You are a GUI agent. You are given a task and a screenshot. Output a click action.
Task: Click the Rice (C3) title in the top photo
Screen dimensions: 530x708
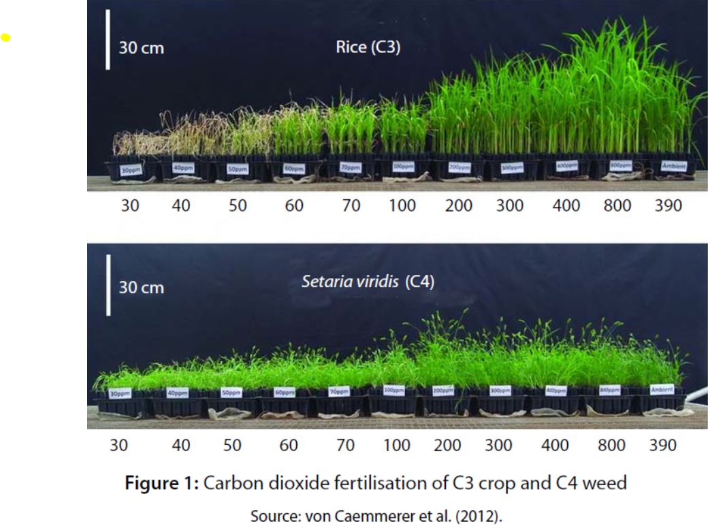point(368,48)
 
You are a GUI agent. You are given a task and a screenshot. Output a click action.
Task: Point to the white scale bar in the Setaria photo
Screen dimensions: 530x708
point(108,285)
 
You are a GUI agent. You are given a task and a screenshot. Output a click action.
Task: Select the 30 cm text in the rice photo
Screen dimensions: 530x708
point(142,49)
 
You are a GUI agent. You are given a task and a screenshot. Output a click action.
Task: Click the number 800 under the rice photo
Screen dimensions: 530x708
point(617,205)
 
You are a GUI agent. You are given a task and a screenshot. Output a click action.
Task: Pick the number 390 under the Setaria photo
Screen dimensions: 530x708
point(662,446)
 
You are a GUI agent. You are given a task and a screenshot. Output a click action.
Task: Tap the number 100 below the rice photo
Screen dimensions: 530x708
point(402,205)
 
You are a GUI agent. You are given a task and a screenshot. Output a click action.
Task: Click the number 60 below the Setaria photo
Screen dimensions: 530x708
point(288,446)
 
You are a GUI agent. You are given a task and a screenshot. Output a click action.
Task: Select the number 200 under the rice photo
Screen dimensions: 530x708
point(459,205)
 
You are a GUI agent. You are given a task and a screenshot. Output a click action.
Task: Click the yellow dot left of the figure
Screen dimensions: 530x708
point(6,38)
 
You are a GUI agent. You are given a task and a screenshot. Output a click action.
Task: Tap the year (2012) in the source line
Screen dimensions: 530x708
point(481,516)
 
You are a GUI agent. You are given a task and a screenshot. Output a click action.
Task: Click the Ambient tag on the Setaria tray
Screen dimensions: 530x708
point(662,389)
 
